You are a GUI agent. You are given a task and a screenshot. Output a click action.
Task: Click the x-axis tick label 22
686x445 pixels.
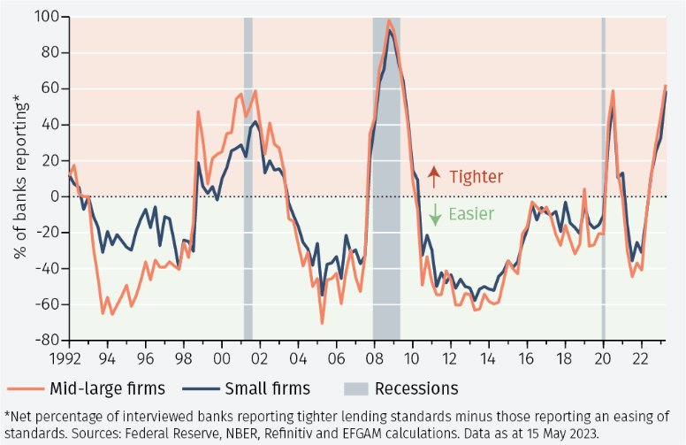point(640,360)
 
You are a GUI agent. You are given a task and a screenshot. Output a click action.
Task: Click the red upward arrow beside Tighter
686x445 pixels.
point(434,175)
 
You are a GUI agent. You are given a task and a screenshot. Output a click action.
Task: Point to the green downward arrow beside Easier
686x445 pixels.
point(434,213)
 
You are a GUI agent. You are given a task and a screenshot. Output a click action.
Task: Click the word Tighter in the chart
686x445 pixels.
point(476,176)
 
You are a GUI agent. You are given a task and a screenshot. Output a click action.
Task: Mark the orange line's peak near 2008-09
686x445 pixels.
point(389,20)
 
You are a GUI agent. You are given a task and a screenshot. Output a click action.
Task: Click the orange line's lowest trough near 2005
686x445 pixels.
point(323,323)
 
